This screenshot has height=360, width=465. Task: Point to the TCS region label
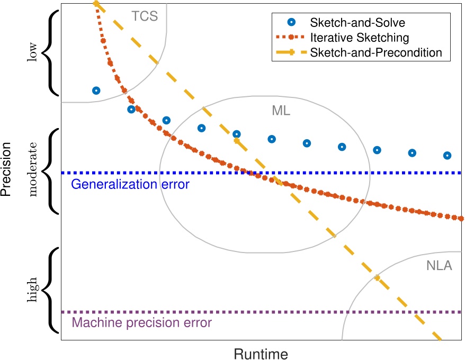pos(145,16)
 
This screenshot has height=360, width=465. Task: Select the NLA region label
pos(439,266)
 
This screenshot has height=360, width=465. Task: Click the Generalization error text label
pos(129,185)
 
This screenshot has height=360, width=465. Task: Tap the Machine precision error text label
pos(141,323)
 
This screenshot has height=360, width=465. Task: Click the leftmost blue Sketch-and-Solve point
pos(96,91)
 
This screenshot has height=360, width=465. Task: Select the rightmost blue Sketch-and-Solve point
pos(447,156)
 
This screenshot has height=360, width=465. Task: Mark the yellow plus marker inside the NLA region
pos(377,277)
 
